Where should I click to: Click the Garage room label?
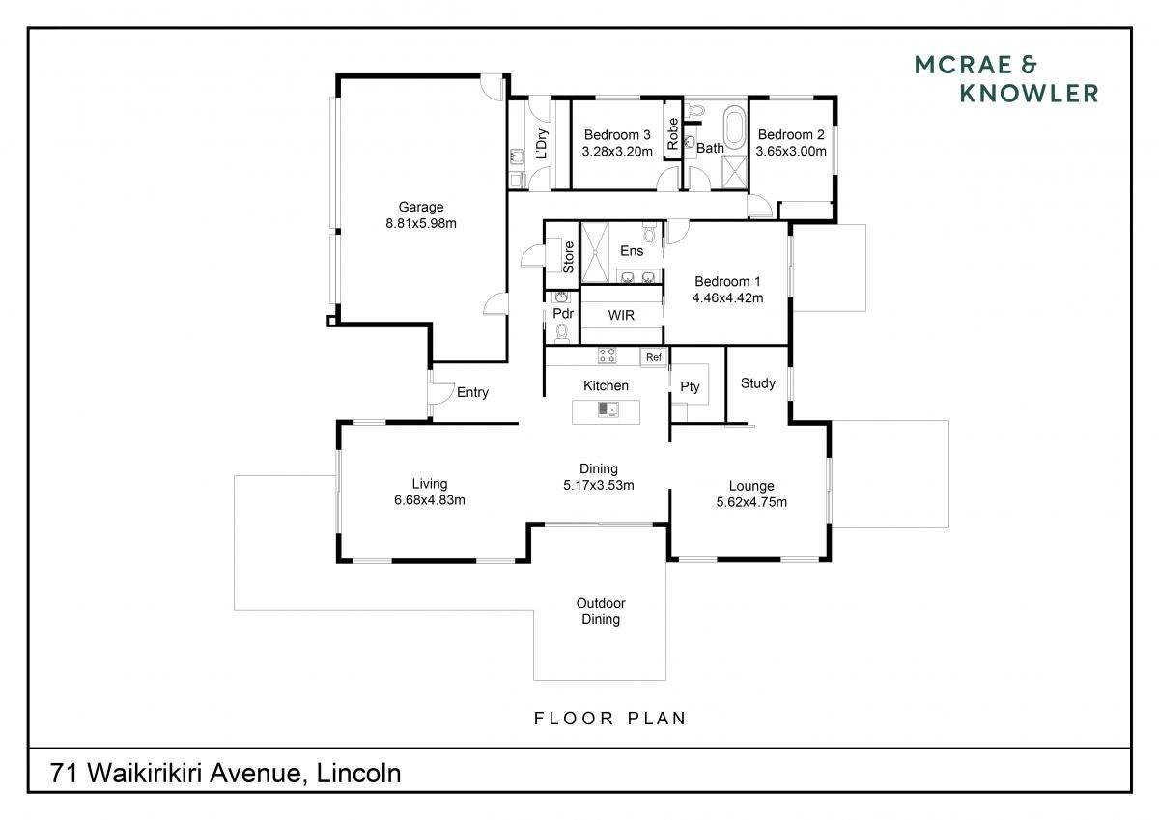(x=421, y=207)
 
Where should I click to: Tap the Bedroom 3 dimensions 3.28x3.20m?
(x=617, y=151)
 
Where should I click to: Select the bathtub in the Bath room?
(x=734, y=127)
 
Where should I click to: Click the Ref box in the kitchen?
(x=654, y=357)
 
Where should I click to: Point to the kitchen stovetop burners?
(x=607, y=355)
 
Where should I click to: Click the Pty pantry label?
(x=690, y=387)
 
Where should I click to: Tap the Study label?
(x=758, y=383)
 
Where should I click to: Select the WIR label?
(x=621, y=315)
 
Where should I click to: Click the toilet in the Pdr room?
(x=561, y=332)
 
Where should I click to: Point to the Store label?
(x=568, y=257)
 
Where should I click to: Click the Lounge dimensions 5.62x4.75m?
(x=751, y=502)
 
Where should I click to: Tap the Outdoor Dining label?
(x=601, y=611)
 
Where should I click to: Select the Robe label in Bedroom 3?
(x=672, y=134)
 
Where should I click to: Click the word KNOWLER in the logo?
(x=1029, y=94)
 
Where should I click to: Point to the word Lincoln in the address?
(x=358, y=774)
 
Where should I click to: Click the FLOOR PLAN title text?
(x=610, y=718)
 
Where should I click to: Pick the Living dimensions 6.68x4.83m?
(x=430, y=500)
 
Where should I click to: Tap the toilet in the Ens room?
(x=650, y=233)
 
